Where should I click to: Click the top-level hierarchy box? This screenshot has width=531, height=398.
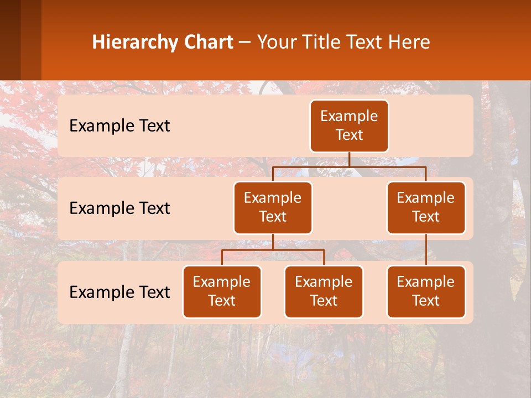pos(349,125)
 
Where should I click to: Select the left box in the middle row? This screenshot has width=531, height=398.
pos(273,207)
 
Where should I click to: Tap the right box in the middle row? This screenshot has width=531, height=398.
pos(426,207)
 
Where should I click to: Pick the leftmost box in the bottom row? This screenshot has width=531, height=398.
pos(222,291)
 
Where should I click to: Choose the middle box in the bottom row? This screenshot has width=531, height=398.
pos(324,291)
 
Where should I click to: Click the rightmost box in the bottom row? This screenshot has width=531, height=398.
pos(426,291)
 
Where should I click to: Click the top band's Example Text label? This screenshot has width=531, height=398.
pos(119,126)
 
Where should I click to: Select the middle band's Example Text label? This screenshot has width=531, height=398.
pos(119,208)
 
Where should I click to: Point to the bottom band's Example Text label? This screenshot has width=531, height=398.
pos(119,292)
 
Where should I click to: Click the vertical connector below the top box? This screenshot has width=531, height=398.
pos(349,159)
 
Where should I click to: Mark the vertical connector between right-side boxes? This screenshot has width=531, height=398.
pos(426,250)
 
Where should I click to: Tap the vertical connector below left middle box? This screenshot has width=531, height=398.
pos(273,242)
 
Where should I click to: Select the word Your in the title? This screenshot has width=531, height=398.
pos(277,42)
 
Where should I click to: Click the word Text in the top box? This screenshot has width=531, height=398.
pos(349,135)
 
